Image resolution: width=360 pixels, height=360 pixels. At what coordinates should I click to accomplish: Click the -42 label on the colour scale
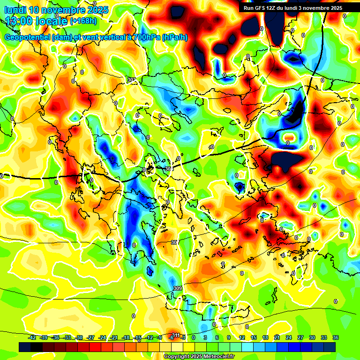tap(32, 337)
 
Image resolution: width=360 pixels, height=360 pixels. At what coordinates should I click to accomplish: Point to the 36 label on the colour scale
tap(336, 337)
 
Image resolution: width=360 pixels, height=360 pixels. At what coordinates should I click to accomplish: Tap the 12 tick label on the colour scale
tap(241, 337)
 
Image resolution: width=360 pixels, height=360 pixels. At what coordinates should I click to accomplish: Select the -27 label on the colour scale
tap(91, 337)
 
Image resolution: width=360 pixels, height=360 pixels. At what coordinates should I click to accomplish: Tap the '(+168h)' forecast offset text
tap(84, 21)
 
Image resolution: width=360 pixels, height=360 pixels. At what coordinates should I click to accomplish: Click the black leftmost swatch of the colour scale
tap(25, 347)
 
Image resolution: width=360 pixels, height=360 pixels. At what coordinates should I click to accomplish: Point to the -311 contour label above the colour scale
tap(175, 335)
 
